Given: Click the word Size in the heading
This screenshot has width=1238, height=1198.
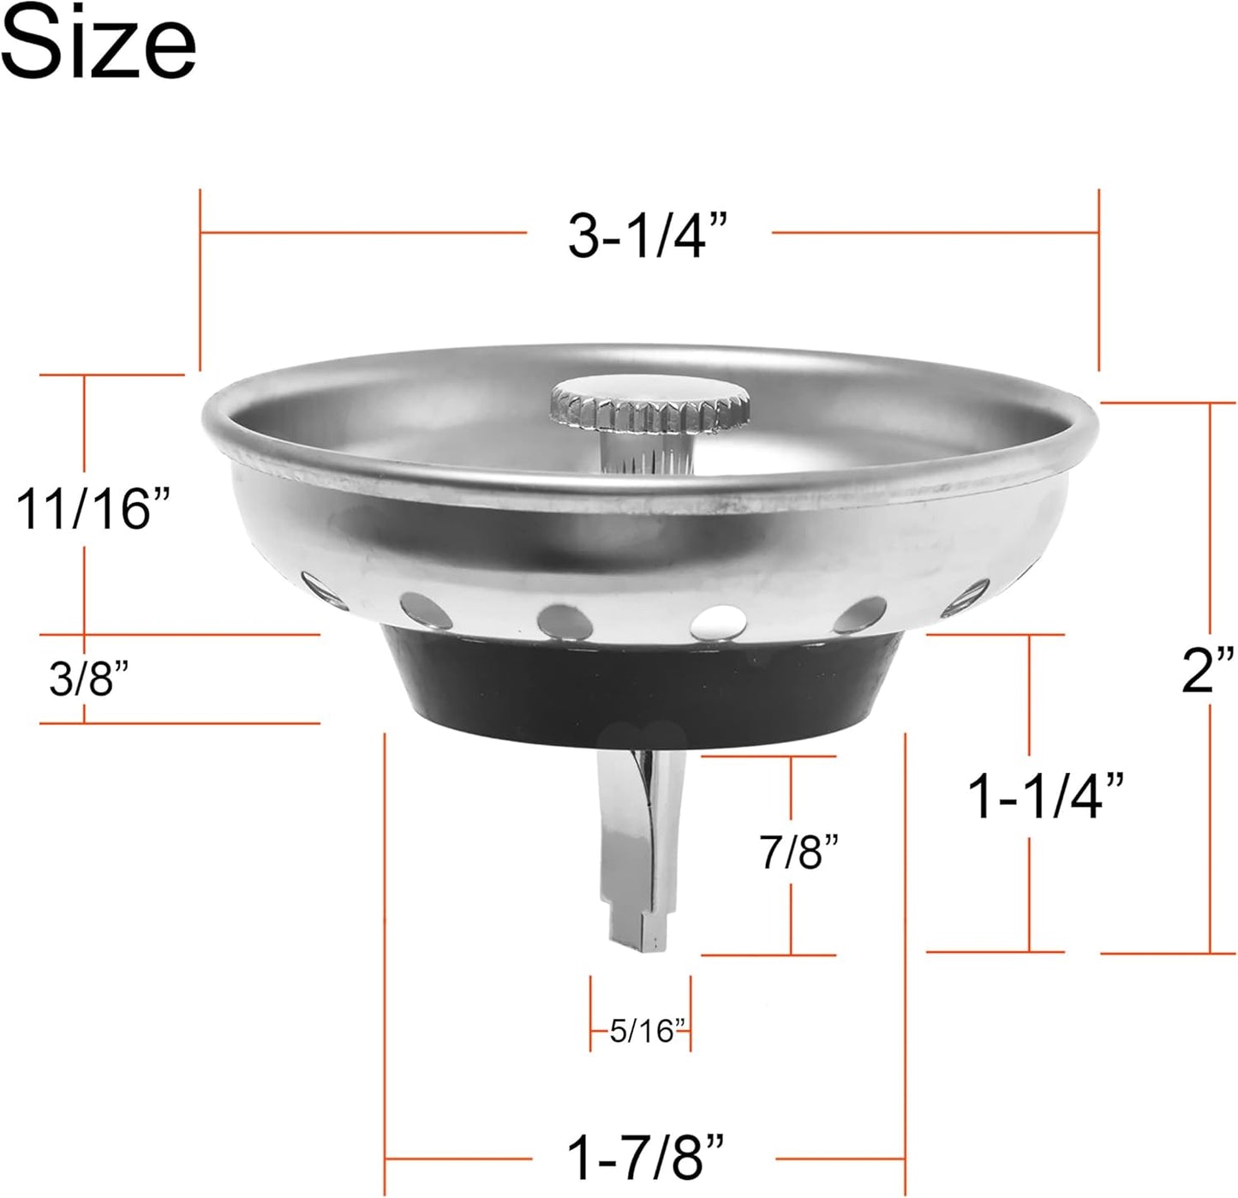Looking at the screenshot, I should (x=99, y=43).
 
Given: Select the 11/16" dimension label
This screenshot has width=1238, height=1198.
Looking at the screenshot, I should (x=94, y=508).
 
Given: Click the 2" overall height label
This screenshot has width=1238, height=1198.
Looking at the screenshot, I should (x=1208, y=671).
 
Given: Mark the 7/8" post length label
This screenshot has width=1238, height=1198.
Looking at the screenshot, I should (x=798, y=852).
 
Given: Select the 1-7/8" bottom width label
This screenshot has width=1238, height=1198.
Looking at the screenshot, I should (x=646, y=1158).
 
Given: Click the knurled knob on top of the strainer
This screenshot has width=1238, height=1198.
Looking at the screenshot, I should (x=649, y=404).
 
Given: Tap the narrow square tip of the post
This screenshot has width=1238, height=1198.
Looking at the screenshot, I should (x=638, y=930).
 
